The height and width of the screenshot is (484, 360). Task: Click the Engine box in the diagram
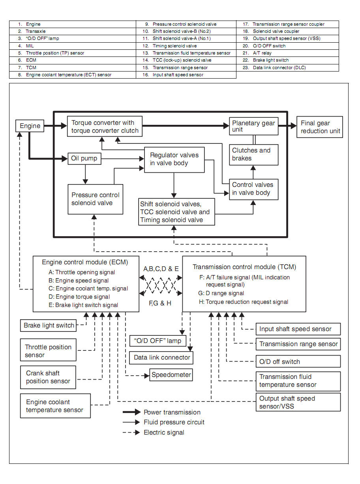[x=30, y=126]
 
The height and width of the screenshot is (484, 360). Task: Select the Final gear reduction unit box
[x=320, y=127]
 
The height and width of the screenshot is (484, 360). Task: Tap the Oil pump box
[x=84, y=159]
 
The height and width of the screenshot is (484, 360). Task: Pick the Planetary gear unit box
[x=253, y=126]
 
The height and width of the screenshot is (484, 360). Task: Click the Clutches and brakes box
[x=253, y=154]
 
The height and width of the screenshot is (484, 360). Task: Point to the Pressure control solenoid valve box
[x=95, y=199]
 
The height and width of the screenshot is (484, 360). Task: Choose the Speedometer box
[x=171, y=375]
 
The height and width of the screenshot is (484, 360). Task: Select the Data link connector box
[x=162, y=358]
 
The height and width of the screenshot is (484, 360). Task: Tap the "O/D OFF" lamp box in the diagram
[x=157, y=341]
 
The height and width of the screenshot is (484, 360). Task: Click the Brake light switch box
[x=49, y=326]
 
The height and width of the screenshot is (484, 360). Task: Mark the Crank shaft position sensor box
[x=48, y=377]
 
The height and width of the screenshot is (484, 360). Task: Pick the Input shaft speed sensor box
[x=298, y=329]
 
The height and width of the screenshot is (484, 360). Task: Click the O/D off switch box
[x=298, y=362]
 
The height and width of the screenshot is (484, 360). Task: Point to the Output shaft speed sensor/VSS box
[x=298, y=402]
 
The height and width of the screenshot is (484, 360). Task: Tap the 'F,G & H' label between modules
[x=160, y=303]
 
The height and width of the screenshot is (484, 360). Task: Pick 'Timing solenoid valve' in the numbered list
[x=174, y=46]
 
